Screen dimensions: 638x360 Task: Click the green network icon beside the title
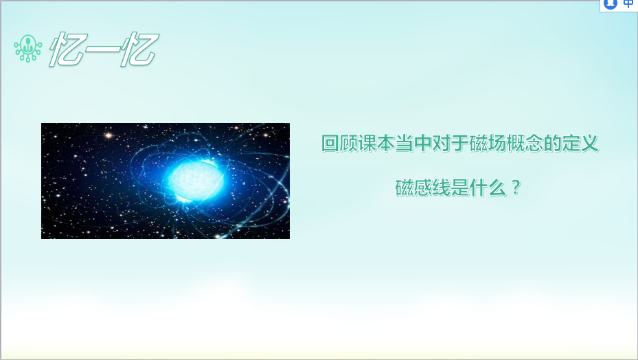pyautogui.click(x=27, y=48)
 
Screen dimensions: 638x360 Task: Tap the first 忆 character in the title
pyautogui.click(x=67, y=49)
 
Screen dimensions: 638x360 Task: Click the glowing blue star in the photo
pyautogui.click(x=196, y=179)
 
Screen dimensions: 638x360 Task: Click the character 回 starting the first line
pyautogui.click(x=330, y=144)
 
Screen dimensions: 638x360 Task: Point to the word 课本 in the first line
pyautogui.click(x=367, y=144)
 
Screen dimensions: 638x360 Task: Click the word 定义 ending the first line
pyautogui.click(x=580, y=144)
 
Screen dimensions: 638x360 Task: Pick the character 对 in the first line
pyautogui.click(x=441, y=144)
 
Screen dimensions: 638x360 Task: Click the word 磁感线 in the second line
pyautogui.click(x=422, y=188)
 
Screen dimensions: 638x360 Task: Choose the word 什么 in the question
pyautogui.click(x=487, y=188)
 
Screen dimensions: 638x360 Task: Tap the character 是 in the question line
pyautogui.click(x=459, y=188)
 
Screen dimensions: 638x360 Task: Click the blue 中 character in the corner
pyautogui.click(x=628, y=4)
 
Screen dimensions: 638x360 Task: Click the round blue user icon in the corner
pyautogui.click(x=611, y=3)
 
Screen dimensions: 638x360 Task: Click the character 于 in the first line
pyautogui.click(x=459, y=144)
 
